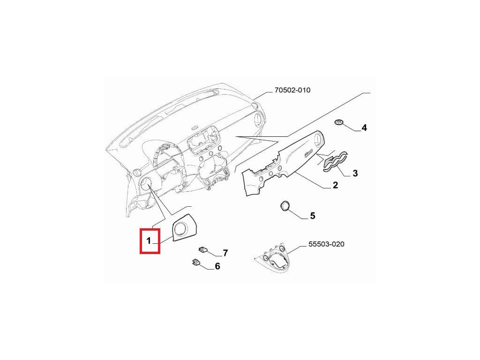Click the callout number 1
coord(148,241)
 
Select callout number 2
coord(335,185)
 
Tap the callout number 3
coord(355,174)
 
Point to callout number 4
coord(364,127)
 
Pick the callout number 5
coord(312,216)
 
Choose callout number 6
coord(217,266)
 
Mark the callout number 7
coord(225,253)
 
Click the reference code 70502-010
coord(292,90)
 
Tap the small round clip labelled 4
coord(339,123)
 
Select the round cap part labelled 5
coord(285,206)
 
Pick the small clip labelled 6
coord(195,262)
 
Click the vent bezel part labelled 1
coord(184,229)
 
